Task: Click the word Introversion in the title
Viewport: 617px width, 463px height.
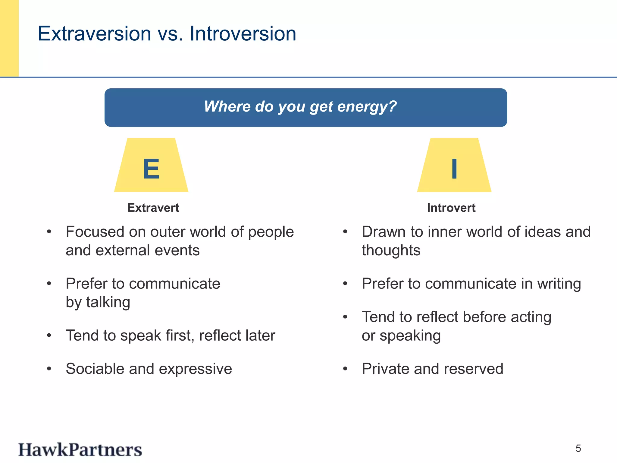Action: tap(243, 33)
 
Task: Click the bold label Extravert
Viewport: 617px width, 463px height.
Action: tap(153, 208)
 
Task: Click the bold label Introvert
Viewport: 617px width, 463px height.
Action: tap(451, 208)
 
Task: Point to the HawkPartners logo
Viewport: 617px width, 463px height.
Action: tap(80, 450)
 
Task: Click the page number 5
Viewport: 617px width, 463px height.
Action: tap(578, 449)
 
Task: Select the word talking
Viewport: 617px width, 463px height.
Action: tap(108, 302)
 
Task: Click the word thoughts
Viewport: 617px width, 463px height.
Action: tap(391, 250)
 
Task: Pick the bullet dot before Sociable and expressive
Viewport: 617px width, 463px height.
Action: tap(49, 369)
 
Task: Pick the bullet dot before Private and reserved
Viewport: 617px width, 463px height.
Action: tap(345, 369)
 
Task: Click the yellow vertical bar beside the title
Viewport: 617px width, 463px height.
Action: tap(9, 38)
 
